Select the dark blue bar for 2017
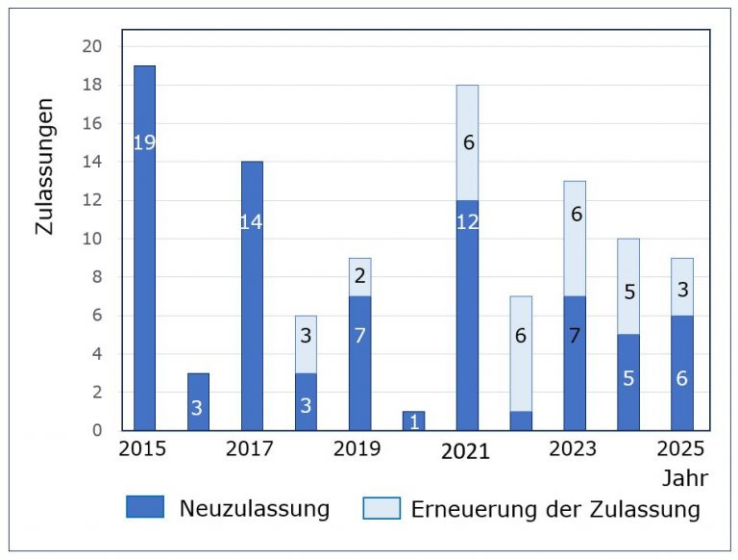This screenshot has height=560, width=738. [252, 318]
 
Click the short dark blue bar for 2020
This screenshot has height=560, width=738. [413, 420]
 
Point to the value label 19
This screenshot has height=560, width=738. [144, 143]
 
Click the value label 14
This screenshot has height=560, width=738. [252, 222]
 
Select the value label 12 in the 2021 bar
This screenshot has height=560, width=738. [467, 221]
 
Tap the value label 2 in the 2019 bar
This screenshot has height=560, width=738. [359, 277]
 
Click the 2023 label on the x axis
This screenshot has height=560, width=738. [574, 449]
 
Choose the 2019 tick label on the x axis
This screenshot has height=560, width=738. [357, 449]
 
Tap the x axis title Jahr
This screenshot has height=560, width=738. [682, 478]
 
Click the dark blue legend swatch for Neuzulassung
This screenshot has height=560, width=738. [145, 507]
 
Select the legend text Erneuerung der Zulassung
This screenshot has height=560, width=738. [555, 509]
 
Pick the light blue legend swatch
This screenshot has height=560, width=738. [381, 507]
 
